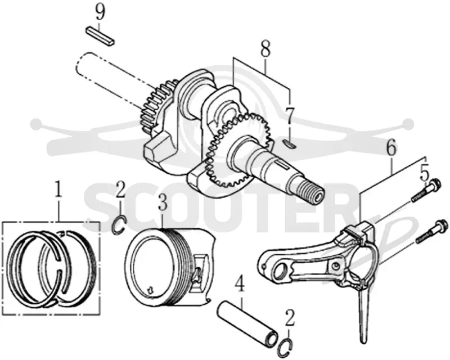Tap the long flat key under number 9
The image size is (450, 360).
coord(101,36)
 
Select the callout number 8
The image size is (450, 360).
coord(265,49)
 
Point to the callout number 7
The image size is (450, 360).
coord(290,116)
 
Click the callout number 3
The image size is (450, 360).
coord(163,202)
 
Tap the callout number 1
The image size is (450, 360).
coord(58,189)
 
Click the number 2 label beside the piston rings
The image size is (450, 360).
coord(120,190)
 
